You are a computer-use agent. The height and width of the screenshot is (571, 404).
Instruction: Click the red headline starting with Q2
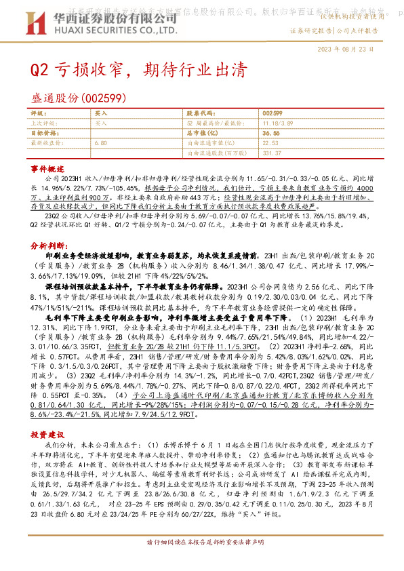point(136,70)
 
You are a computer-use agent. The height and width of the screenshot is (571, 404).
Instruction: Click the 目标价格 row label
point(45,134)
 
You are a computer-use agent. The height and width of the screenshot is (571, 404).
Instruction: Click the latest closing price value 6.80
point(101,143)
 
